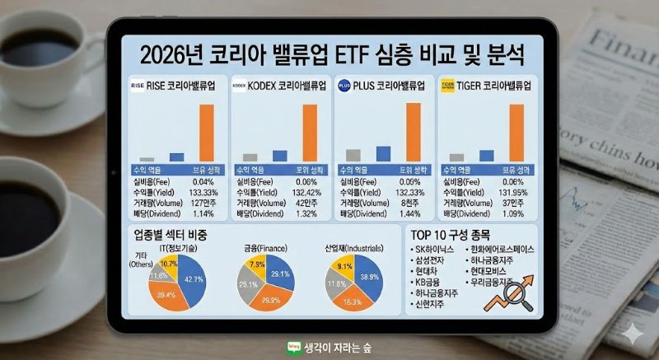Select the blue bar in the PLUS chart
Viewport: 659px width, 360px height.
pos(383,153)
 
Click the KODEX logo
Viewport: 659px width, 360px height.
pos(241,84)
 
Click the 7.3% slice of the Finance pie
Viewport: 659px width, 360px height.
pos(257,264)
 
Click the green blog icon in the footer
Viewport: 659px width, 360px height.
pos(292,348)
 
